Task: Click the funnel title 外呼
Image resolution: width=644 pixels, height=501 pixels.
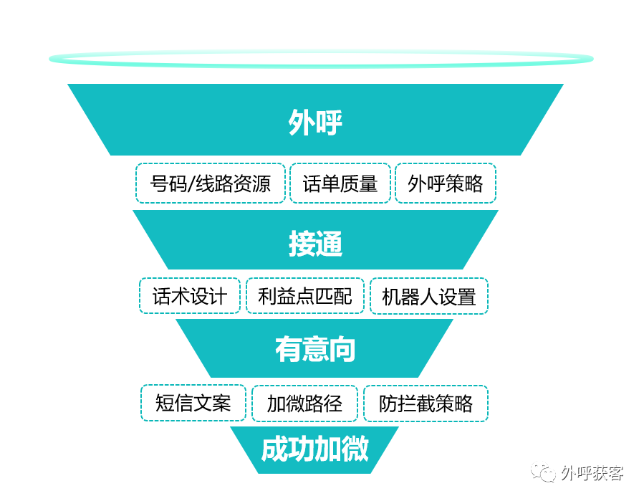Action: tap(315, 123)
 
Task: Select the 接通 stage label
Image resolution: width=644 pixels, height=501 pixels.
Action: tap(315, 244)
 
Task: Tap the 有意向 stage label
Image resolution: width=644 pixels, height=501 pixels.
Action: tap(315, 349)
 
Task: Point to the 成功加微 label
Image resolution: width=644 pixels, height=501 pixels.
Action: tap(314, 449)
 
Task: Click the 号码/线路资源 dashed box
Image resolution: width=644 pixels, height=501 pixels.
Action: tap(210, 183)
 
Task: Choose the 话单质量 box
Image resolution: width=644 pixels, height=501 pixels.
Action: tap(340, 183)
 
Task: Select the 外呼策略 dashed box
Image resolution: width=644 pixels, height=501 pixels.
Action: tap(445, 183)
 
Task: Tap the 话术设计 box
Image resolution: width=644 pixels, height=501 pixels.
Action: tap(189, 296)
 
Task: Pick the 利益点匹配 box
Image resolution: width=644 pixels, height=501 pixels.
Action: tap(304, 296)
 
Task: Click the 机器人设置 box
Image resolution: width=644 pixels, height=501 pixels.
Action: tap(428, 296)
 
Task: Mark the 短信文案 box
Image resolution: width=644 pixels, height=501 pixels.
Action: tap(193, 403)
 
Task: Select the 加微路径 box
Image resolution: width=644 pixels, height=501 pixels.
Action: tap(304, 404)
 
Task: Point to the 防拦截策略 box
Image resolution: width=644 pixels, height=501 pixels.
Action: tap(426, 404)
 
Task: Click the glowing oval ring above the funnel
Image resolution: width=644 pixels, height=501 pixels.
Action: tap(321, 59)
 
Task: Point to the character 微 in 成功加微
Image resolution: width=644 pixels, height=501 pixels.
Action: tap(355, 449)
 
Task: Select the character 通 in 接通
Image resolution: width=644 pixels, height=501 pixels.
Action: tap(329, 244)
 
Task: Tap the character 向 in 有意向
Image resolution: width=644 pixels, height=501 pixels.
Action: tap(342, 349)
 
